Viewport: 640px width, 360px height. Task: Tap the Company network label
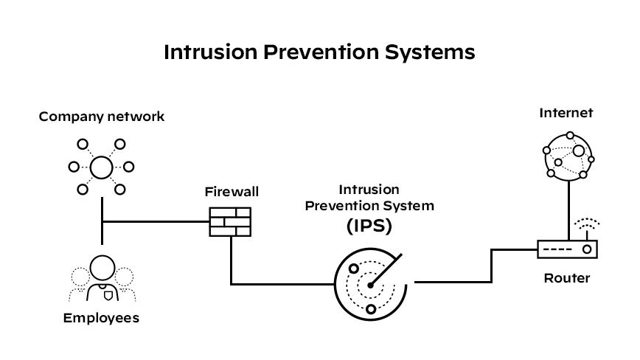point(102,117)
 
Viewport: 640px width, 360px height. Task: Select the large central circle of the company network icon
point(101,167)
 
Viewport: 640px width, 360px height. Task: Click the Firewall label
point(232,192)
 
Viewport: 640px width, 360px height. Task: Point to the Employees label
point(101,318)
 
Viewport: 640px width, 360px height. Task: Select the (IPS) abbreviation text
point(369,226)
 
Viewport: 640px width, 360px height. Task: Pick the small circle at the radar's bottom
point(370,308)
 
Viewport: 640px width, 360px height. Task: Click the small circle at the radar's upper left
point(354,268)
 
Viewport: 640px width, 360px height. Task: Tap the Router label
point(566,278)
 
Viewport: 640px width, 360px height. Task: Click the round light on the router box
point(587,249)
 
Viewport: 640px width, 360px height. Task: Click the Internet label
point(566,113)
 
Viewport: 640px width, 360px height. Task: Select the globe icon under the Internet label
point(567,155)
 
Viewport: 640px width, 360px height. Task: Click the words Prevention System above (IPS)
point(369,206)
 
